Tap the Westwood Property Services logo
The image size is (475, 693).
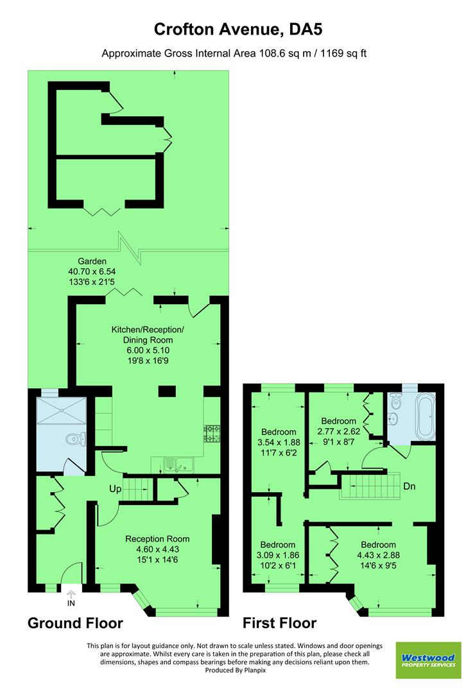pyautogui.click(x=427, y=660)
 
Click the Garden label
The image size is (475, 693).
pyautogui.click(x=92, y=262)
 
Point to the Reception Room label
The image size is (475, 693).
pyautogui.click(x=157, y=539)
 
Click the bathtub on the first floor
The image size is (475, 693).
pyautogui.click(x=424, y=417)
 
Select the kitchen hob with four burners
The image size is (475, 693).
pyautogui.click(x=211, y=434)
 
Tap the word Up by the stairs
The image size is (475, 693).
pyautogui.click(x=116, y=489)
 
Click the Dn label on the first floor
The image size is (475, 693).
pyautogui.click(x=410, y=486)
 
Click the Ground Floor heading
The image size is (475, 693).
pyautogui.click(x=75, y=623)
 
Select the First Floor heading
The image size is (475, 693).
pyautogui.click(x=279, y=623)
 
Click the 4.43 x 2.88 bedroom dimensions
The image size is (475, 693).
pyautogui.click(x=378, y=556)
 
